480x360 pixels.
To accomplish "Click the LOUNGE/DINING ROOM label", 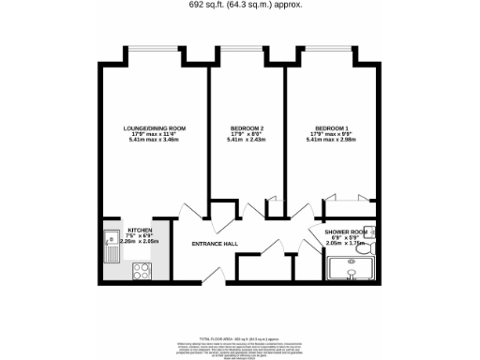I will [x=155, y=127].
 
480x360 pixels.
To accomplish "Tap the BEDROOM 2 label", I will [x=247, y=127].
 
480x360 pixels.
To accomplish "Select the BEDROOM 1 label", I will [x=331, y=127].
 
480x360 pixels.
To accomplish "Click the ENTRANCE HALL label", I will [x=214, y=244].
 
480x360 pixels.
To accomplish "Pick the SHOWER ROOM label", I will [x=346, y=230].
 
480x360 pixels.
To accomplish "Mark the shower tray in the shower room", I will [x=350, y=272].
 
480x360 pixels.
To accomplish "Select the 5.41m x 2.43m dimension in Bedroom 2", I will [x=247, y=142].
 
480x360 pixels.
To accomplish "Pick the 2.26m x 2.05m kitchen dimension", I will [x=140, y=241].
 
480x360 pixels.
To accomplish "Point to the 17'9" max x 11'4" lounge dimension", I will [x=155, y=135].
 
